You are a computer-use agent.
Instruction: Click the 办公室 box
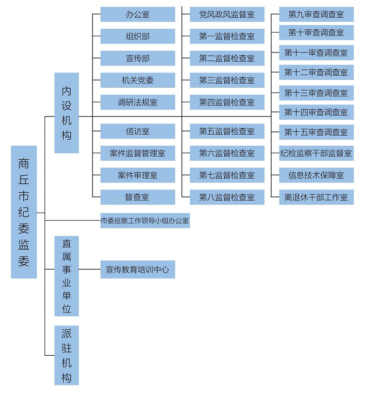pyautogui.click(x=138, y=14)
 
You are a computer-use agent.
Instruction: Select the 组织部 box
pyautogui.click(x=138, y=36)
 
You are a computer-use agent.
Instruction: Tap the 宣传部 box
pyautogui.click(x=138, y=59)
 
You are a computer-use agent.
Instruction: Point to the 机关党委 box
pyautogui.click(x=138, y=80)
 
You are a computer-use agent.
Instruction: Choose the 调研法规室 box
pyautogui.click(x=138, y=102)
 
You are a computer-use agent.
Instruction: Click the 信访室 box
pyautogui.click(x=138, y=131)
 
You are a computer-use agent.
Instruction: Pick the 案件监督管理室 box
pyautogui.click(x=138, y=153)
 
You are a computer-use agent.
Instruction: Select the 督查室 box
pyautogui.click(x=138, y=197)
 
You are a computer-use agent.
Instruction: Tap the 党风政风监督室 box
pyautogui.click(x=227, y=14)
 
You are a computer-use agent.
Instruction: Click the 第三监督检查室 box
pyautogui.click(x=227, y=80)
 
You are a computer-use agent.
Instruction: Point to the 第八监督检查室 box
pyautogui.click(x=227, y=197)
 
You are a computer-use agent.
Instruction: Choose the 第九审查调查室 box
pyautogui.click(x=316, y=14)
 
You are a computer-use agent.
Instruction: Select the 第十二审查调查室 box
pyautogui.click(x=316, y=72)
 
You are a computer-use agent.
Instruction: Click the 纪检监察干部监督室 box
pyautogui.click(x=316, y=153)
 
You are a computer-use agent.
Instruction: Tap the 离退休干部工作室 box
pyautogui.click(x=316, y=197)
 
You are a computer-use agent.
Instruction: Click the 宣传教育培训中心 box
pyautogui.click(x=138, y=269)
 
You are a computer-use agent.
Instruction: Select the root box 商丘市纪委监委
pyautogui.click(x=24, y=212)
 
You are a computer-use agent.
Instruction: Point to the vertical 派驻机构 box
pyautogui.click(x=66, y=355)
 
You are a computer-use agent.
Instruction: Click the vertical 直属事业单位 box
pyautogui.click(x=66, y=276)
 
